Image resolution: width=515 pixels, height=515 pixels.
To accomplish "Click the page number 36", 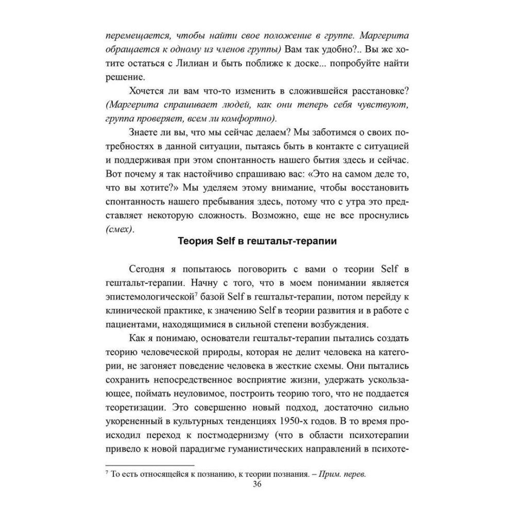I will pos(257,485).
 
